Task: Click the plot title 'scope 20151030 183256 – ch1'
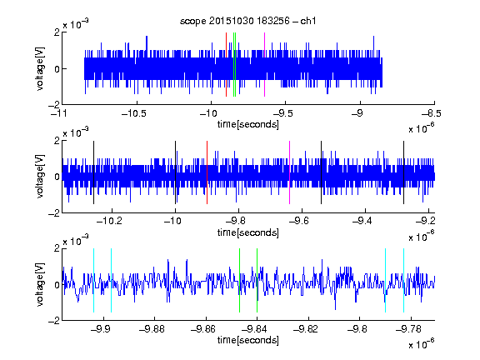(x=247, y=21)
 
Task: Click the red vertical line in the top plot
(x=226, y=65)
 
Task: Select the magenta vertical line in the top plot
(x=264, y=65)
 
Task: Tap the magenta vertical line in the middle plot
(x=290, y=172)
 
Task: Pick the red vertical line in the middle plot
(x=207, y=172)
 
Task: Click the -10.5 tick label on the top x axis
(x=134, y=113)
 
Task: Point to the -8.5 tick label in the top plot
(x=432, y=113)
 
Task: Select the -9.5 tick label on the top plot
(x=282, y=113)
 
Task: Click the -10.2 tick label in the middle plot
(x=109, y=221)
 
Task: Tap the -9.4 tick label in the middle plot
(x=362, y=221)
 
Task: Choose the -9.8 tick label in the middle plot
(x=236, y=221)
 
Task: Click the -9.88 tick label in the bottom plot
(x=152, y=329)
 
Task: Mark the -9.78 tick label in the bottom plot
(x=409, y=329)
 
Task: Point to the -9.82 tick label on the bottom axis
(x=307, y=329)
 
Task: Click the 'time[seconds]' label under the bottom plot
(x=248, y=340)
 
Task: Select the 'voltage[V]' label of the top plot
(x=40, y=68)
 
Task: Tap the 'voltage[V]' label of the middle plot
(x=40, y=177)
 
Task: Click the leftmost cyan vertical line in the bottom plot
(x=93, y=280)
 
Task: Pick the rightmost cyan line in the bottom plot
(x=404, y=280)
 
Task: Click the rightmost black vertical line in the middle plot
(x=404, y=172)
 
